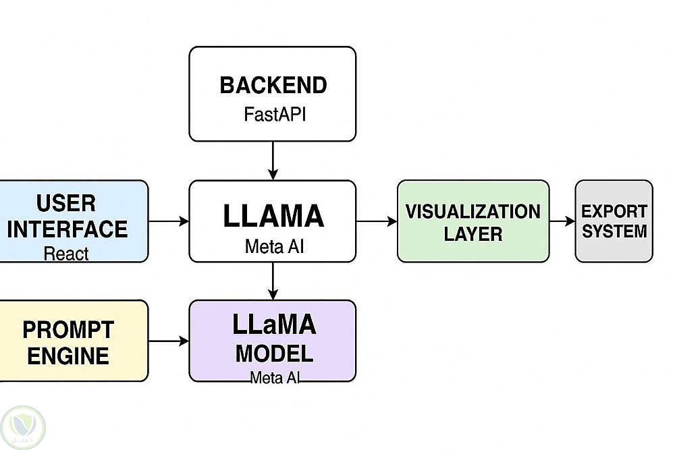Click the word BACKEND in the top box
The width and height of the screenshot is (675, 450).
click(x=273, y=86)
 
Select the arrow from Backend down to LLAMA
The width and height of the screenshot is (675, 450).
click(x=273, y=161)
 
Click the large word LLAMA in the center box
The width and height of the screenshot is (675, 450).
click(x=273, y=217)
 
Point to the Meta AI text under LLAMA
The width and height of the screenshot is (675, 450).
click(x=273, y=246)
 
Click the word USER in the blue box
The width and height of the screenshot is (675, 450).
click(x=65, y=203)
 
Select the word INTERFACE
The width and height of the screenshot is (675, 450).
click(x=67, y=229)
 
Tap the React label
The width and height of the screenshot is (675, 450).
click(x=66, y=254)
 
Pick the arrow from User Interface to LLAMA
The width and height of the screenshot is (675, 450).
click(x=168, y=221)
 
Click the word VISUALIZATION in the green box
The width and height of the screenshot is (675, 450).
click(x=473, y=211)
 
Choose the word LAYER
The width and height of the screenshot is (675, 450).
click(x=473, y=234)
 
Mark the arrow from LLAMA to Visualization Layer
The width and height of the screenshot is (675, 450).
click(x=376, y=221)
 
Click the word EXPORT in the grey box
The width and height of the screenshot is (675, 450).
click(x=614, y=211)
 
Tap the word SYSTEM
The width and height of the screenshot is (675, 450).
click(x=614, y=231)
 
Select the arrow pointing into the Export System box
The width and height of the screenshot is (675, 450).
click(x=562, y=221)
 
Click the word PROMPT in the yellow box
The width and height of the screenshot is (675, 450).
click(x=68, y=330)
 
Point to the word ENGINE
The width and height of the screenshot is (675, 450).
click(x=68, y=356)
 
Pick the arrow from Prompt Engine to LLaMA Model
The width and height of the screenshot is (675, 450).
click(x=168, y=341)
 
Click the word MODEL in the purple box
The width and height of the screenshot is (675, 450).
click(x=274, y=353)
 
